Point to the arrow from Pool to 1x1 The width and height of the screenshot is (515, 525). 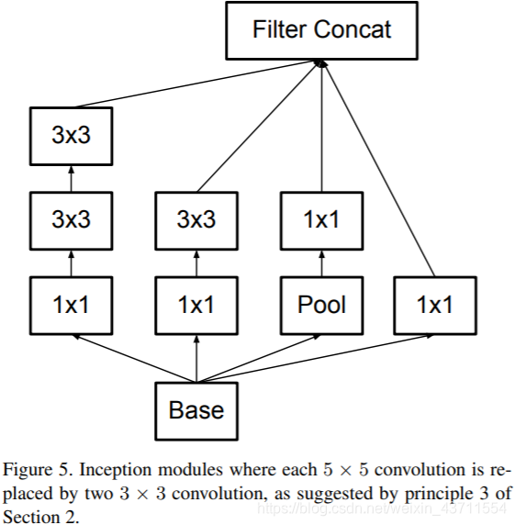322,263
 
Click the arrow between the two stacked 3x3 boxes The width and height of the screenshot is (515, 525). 71,178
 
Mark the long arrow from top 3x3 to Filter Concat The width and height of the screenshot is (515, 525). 196,84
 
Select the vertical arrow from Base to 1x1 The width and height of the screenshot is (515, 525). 196,358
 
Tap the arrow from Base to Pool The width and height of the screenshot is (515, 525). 259,358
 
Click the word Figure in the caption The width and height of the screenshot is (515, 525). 28,470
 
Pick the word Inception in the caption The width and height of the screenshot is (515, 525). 115,470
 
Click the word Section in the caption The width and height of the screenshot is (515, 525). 31,517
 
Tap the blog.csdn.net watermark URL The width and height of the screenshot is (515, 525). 381,508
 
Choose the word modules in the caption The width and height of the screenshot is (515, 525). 190,470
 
